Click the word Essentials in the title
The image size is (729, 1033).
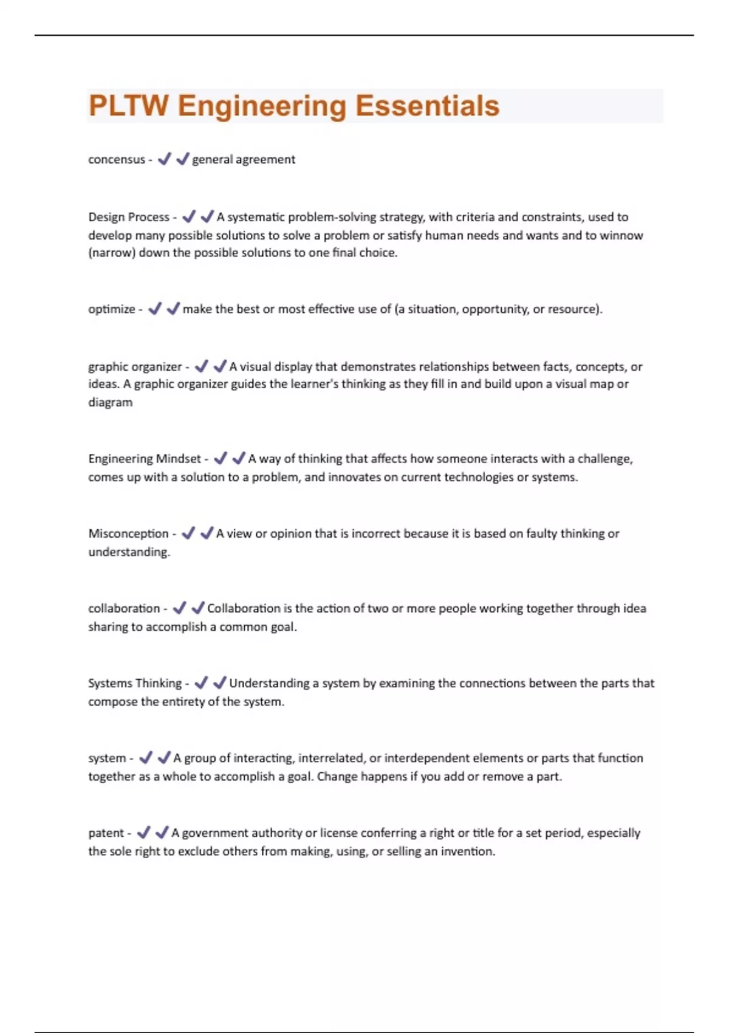coord(427,106)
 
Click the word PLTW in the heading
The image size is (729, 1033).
coord(128,106)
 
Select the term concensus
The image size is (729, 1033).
coord(117,160)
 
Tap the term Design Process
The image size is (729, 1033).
coord(129,217)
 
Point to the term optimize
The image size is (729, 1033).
coord(112,309)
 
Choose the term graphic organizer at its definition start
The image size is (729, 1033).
coord(135,367)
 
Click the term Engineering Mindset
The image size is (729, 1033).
coord(145,459)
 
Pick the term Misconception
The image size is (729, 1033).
coord(128,534)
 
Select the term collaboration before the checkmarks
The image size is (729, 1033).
coord(124,608)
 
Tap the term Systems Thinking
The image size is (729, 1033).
coord(135,683)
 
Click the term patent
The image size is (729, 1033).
coord(106,833)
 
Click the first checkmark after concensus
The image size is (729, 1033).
coord(164,159)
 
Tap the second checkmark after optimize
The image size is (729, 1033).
coord(173,309)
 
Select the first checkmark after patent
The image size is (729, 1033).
coord(143,832)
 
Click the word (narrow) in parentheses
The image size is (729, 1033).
coord(112,253)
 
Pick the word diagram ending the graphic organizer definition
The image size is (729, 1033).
coord(110,402)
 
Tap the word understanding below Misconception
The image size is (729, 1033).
coord(129,552)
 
